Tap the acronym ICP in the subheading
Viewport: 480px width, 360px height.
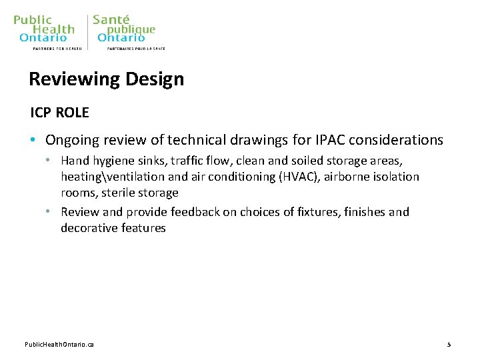click(41, 113)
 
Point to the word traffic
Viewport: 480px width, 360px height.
click(181, 161)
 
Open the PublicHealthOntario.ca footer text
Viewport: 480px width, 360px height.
click(59, 345)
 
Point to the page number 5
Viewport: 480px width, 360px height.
click(449, 345)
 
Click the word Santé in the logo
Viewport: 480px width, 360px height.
click(111, 19)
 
